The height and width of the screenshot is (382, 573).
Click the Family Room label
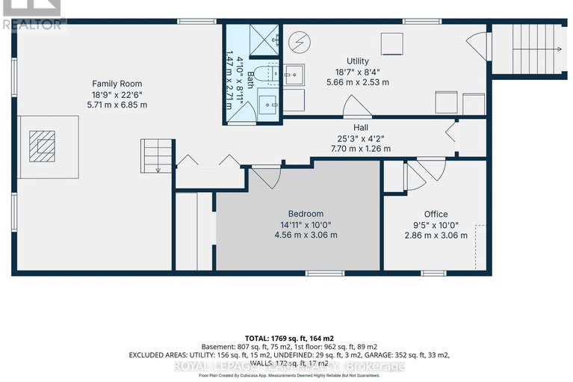(117, 83)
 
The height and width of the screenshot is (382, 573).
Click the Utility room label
(358, 61)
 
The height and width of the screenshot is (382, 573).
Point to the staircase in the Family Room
(156, 155)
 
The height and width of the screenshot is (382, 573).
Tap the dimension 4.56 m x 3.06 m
(306, 235)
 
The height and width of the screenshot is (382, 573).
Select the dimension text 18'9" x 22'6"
(117, 94)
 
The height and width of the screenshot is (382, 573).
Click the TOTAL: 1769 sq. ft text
(286, 337)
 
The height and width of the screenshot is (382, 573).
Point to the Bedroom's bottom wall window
(320, 273)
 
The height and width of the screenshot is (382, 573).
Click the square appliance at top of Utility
(391, 45)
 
